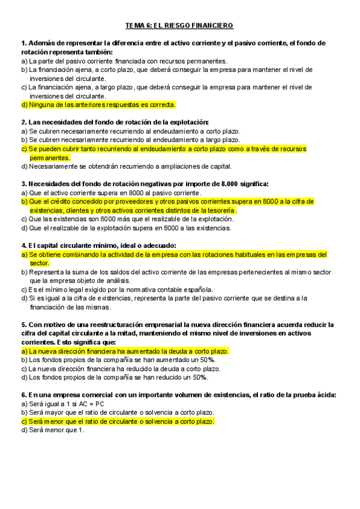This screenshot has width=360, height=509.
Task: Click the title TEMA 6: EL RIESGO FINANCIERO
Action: click(x=179, y=26)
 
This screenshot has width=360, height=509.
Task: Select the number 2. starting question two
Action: click(x=23, y=122)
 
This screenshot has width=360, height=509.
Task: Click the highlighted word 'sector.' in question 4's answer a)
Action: click(x=40, y=263)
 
